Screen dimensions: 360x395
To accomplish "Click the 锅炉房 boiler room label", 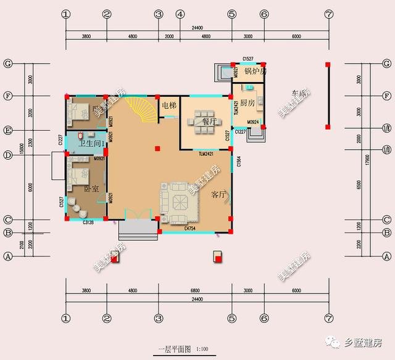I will click(x=255, y=71).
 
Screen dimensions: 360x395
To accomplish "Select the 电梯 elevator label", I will click(x=169, y=106).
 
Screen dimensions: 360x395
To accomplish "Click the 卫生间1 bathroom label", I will click(x=89, y=144).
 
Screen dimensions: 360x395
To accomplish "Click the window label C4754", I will click(x=191, y=228).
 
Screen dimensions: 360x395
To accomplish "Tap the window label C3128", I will click(x=88, y=221).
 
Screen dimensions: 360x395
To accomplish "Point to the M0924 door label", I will click(x=252, y=123).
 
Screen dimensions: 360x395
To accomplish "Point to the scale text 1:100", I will click(x=201, y=349).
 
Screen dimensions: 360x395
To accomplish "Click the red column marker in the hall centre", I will click(x=158, y=148).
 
